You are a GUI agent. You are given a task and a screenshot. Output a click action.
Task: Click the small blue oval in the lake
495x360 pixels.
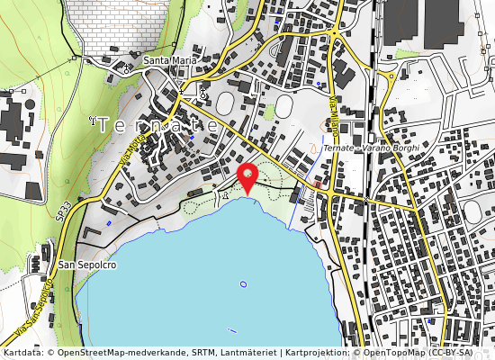click(x=243, y=284)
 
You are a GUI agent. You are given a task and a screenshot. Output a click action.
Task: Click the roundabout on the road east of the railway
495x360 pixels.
click(x=390, y=77)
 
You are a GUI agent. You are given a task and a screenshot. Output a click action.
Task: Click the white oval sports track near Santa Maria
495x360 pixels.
click(x=283, y=106)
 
